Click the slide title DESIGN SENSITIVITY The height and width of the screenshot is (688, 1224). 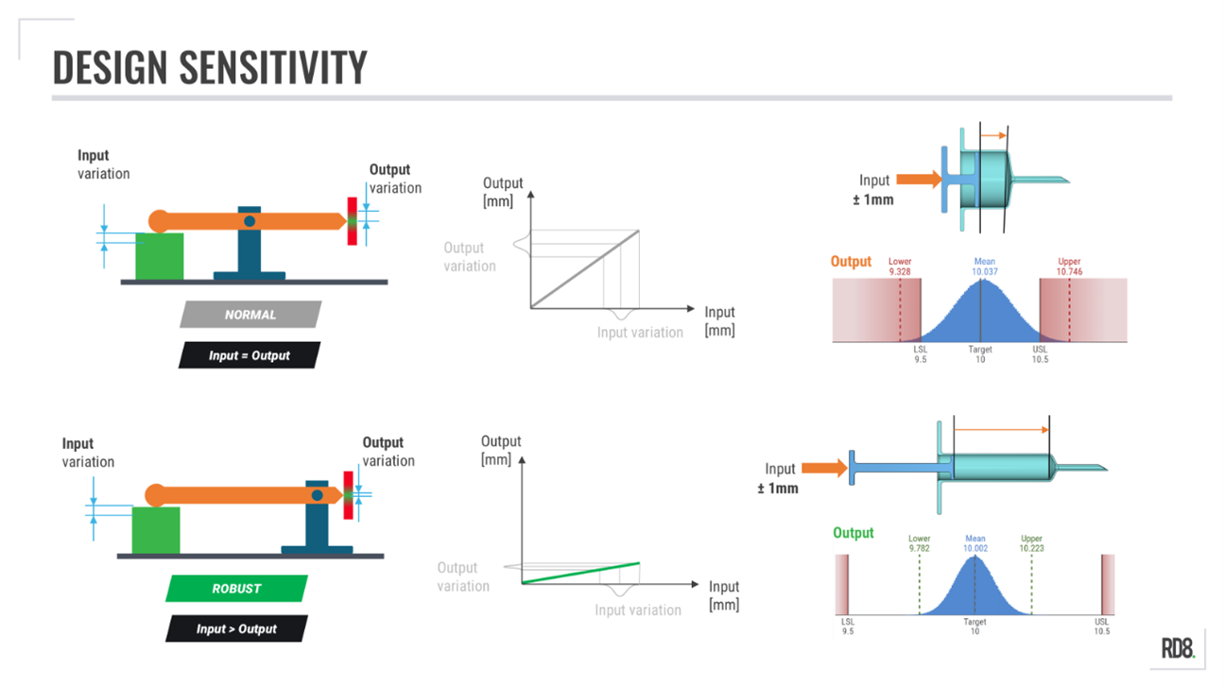point(209,67)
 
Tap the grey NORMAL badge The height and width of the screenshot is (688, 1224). point(250,315)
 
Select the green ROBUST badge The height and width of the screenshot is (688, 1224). point(236,588)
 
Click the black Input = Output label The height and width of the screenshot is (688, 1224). point(250,355)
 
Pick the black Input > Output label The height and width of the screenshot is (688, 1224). point(236,628)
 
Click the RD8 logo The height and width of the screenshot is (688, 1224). point(1178,648)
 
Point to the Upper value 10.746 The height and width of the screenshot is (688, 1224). point(1069,271)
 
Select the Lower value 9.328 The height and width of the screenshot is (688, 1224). point(900,271)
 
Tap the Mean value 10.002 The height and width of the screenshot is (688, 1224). point(974,548)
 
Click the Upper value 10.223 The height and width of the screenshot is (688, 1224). point(1031,548)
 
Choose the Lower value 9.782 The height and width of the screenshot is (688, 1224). point(919,548)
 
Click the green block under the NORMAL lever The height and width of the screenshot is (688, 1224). point(159,257)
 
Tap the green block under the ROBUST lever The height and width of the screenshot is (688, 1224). point(155,529)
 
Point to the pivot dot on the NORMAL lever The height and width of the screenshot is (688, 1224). point(249,221)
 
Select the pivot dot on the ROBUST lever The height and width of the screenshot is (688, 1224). point(318,494)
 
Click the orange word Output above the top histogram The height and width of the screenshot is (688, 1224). point(851,262)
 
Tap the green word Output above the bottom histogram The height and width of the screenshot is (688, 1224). point(853,533)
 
